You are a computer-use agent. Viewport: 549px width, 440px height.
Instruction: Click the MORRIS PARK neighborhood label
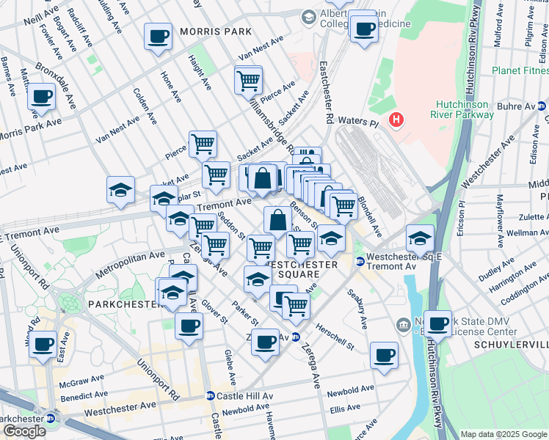212,32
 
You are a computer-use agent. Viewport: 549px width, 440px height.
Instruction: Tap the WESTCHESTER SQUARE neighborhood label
293,269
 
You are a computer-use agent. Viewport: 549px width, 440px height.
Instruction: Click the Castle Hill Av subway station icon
210,396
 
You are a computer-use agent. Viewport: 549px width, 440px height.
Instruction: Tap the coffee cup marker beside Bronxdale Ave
42,95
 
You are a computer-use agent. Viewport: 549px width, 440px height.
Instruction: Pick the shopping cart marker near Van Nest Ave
249,80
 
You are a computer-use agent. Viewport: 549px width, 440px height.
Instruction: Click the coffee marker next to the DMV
438,323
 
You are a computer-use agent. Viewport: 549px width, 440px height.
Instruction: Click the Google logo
24,431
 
